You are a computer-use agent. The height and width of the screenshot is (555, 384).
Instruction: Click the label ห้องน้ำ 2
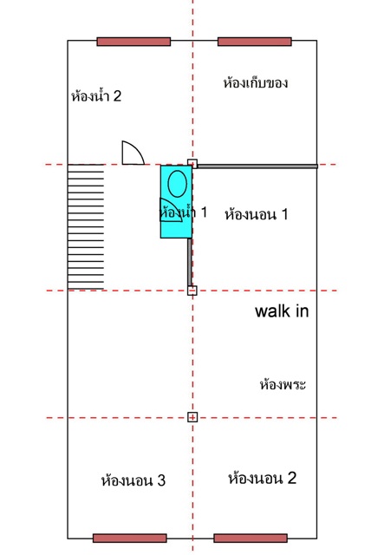coord(96,96)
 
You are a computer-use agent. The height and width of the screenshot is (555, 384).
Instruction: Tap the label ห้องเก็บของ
coord(255,83)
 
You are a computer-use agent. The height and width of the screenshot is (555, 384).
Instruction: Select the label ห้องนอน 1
coord(257,214)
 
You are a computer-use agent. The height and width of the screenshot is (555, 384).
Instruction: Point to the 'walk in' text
coord(282,311)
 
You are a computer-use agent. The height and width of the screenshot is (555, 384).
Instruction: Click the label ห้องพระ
coord(283,384)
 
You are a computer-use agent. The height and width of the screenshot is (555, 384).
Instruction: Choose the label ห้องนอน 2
coord(263,478)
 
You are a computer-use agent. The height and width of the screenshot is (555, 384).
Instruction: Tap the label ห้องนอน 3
coord(133,480)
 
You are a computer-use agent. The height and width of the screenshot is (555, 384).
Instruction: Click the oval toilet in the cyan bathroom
coord(177,183)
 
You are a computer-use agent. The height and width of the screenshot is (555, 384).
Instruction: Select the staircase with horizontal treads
coord(86,227)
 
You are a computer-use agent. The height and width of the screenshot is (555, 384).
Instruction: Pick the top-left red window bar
coord(133,42)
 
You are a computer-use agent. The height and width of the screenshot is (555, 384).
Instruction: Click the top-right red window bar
coord(255,42)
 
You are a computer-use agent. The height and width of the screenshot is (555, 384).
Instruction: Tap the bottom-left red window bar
coord(130,538)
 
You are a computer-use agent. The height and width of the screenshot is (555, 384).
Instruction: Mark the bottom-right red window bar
coord(251,538)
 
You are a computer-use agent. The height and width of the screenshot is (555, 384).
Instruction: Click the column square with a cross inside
coord(192,417)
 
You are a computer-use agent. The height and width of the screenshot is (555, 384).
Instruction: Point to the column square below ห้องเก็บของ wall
coord(192,164)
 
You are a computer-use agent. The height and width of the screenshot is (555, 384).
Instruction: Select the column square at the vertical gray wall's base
coord(192,291)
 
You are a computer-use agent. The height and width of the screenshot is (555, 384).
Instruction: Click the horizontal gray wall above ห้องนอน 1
coord(257,166)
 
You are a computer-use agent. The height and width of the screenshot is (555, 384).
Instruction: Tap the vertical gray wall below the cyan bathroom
coord(190,262)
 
